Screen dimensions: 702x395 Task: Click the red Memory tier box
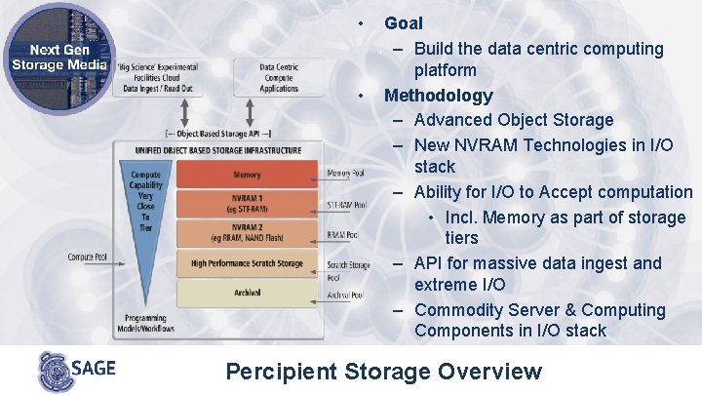click(247, 176)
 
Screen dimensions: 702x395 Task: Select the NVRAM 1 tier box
click(247, 204)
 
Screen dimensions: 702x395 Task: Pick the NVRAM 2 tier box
click(247, 235)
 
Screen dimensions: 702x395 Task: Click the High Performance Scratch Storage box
click(247, 264)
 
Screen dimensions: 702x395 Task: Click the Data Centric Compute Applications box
click(280, 77)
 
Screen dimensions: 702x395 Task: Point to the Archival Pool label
click(347, 294)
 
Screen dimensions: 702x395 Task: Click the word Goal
click(404, 22)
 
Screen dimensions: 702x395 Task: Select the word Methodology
click(438, 96)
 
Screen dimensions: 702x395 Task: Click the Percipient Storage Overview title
click(383, 371)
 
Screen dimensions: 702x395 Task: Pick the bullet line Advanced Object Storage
click(513, 120)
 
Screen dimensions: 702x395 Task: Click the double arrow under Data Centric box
click(281, 109)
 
